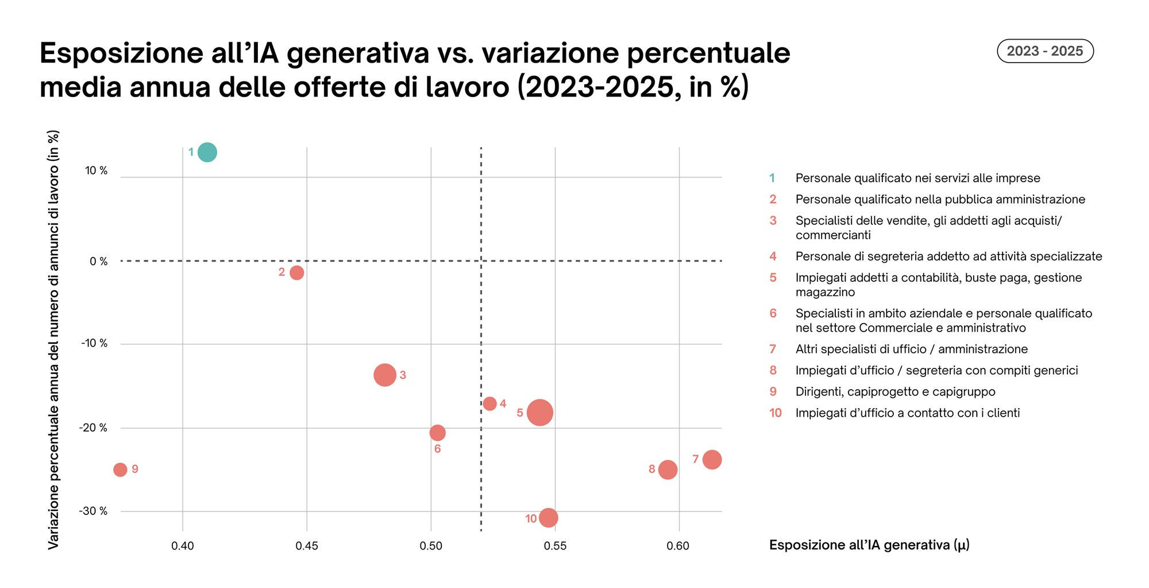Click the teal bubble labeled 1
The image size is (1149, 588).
click(x=207, y=152)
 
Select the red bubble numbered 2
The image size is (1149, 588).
click(x=296, y=272)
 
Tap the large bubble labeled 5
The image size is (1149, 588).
click(x=540, y=412)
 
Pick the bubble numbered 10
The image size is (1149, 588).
click(x=549, y=518)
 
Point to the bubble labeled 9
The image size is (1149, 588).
click(x=120, y=470)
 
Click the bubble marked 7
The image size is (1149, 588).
click(x=712, y=459)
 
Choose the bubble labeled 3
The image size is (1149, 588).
click(x=384, y=375)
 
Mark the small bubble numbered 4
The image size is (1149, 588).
click(x=489, y=403)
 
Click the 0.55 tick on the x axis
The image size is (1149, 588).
click(x=554, y=545)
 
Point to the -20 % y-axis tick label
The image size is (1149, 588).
click(x=94, y=428)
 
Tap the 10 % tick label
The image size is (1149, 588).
click(x=96, y=171)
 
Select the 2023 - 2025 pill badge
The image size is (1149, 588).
click(x=1044, y=51)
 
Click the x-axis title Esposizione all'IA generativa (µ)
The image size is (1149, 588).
click(x=869, y=545)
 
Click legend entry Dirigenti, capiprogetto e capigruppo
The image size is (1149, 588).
click(x=895, y=391)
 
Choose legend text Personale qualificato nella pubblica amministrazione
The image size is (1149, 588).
click(x=940, y=199)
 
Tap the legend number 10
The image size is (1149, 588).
click(x=775, y=413)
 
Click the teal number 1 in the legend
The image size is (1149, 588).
click(x=772, y=178)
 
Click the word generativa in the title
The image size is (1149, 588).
click(x=357, y=53)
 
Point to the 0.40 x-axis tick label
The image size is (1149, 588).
click(x=182, y=545)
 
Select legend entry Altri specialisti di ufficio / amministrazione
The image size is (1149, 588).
click(x=911, y=349)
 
